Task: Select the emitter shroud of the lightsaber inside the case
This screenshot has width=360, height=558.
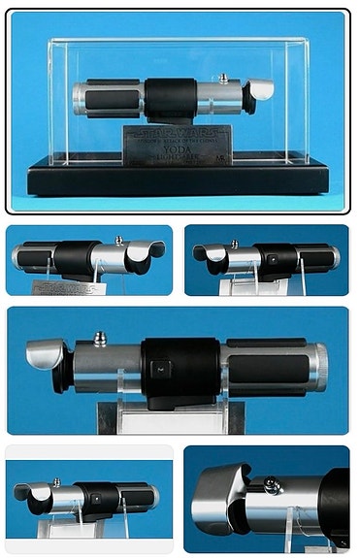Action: click(x=259, y=91)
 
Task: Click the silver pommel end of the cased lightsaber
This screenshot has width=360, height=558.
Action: click(x=79, y=97)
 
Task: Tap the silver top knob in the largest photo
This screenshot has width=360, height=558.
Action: click(x=99, y=340)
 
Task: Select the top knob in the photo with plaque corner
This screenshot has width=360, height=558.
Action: click(x=118, y=239)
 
